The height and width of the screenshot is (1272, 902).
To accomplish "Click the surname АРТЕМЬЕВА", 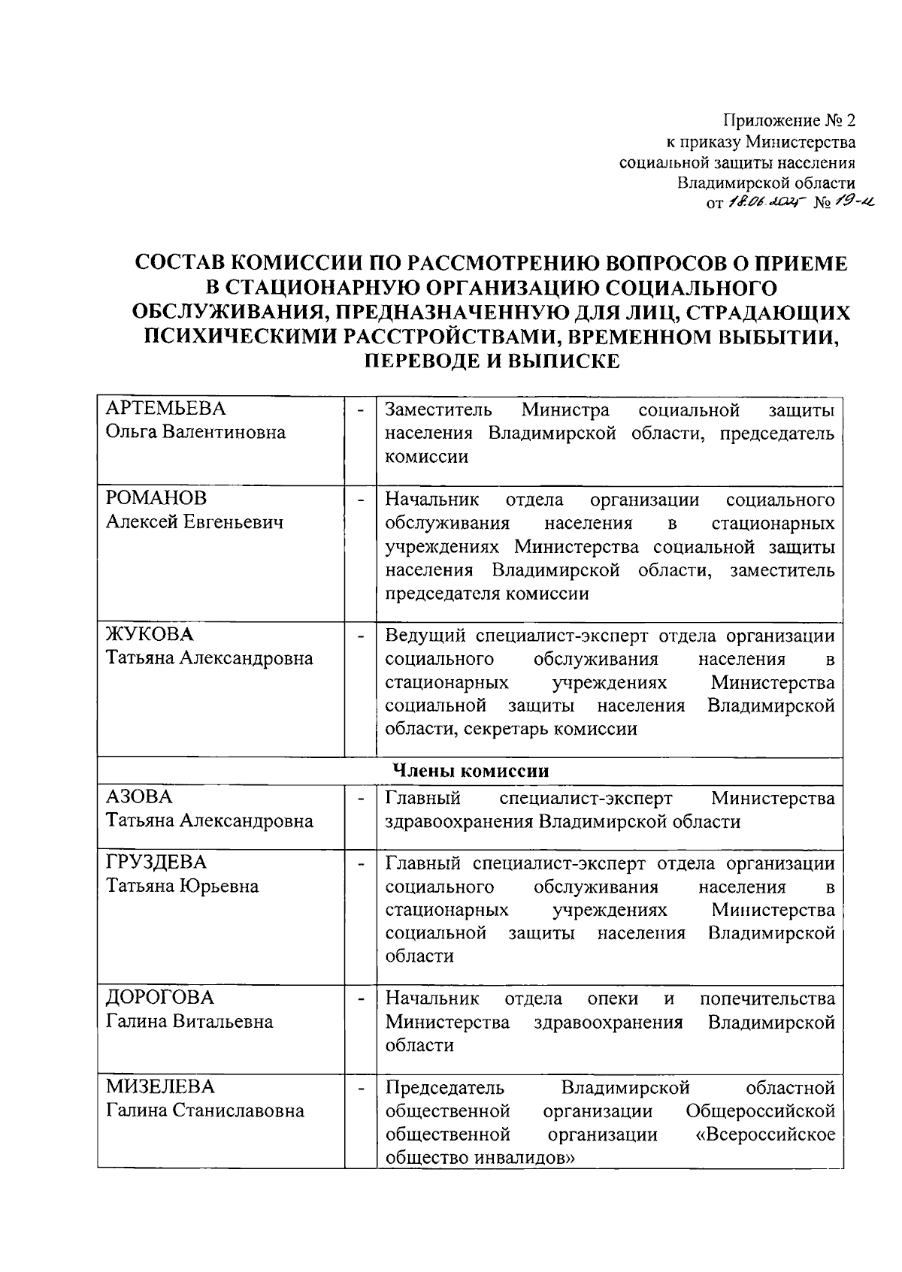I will pyautogui.click(x=165, y=409).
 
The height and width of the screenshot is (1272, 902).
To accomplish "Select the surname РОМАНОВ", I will pyautogui.click(x=156, y=499).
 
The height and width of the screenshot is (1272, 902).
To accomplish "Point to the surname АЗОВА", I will pyautogui.click(x=139, y=797).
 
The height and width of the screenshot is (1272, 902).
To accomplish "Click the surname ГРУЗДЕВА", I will pyautogui.click(x=156, y=862).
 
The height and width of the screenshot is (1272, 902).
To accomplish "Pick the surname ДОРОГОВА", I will pyautogui.click(x=159, y=998).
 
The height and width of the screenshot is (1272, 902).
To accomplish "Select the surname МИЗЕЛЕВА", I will pyautogui.click(x=159, y=1087).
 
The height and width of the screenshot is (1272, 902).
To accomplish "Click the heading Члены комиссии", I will pyautogui.click(x=470, y=771).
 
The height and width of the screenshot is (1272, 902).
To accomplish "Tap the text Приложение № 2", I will pyautogui.click(x=789, y=120).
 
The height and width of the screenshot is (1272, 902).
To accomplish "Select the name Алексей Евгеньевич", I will pyautogui.click(x=195, y=522).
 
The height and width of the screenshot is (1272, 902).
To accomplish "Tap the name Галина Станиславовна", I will pyautogui.click(x=204, y=1110).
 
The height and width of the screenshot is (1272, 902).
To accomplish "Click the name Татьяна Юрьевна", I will pyautogui.click(x=182, y=886).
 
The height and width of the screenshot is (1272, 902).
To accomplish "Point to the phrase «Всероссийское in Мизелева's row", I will pyautogui.click(x=766, y=1134).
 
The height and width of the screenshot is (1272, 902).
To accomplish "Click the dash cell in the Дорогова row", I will pyautogui.click(x=361, y=999).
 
